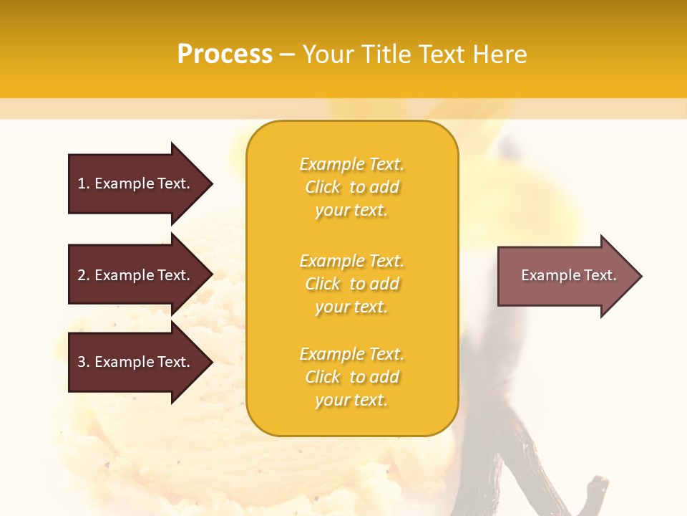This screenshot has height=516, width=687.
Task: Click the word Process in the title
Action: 225,54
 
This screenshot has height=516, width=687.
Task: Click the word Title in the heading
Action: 386,54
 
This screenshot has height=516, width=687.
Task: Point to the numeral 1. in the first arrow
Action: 84,183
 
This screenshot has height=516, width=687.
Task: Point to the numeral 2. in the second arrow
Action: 84,275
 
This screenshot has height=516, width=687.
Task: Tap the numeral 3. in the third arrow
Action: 84,362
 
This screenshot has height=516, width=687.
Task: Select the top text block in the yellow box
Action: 351,187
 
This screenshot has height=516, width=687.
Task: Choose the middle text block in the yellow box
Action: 351,283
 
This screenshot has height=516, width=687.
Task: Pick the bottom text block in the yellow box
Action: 351,377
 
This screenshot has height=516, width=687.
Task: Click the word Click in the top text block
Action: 323,187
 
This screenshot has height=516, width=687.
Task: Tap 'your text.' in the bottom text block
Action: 351,400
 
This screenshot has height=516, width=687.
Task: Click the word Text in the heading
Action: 440,54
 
